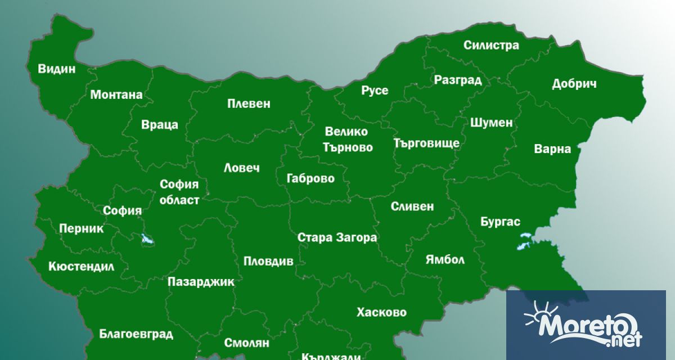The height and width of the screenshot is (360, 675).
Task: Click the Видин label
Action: pyautogui.click(x=56, y=69)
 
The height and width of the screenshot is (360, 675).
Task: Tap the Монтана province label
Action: pyautogui.click(x=116, y=94)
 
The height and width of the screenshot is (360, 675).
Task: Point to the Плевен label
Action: pyautogui.click(x=249, y=103)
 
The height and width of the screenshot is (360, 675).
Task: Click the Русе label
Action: pyautogui.click(x=375, y=91)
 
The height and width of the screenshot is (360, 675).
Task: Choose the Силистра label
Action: pyautogui.click(x=491, y=46)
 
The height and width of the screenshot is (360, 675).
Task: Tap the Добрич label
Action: pyautogui.click(x=574, y=84)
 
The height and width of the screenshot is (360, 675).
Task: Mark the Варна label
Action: pyautogui.click(x=552, y=149)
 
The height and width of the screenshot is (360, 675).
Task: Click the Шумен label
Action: pyautogui.click(x=491, y=122)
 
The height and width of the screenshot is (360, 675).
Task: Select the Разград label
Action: pyautogui.click(x=458, y=80)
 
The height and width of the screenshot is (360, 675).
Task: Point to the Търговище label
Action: pyautogui.click(x=426, y=143)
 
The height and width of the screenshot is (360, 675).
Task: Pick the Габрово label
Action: pyautogui.click(x=310, y=179)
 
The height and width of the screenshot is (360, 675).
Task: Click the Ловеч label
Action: pyautogui.click(x=242, y=168)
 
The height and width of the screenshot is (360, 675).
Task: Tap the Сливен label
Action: pyautogui.click(x=412, y=206)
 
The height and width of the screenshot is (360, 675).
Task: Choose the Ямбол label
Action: pyautogui.click(x=444, y=260)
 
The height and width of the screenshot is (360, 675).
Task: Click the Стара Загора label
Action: pyautogui.click(x=337, y=237)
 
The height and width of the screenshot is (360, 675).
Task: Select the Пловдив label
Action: pyautogui.click(x=268, y=262)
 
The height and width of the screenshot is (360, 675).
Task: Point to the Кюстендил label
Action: pyautogui.click(x=81, y=266)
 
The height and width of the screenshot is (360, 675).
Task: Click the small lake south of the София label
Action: pyautogui.click(x=148, y=240)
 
